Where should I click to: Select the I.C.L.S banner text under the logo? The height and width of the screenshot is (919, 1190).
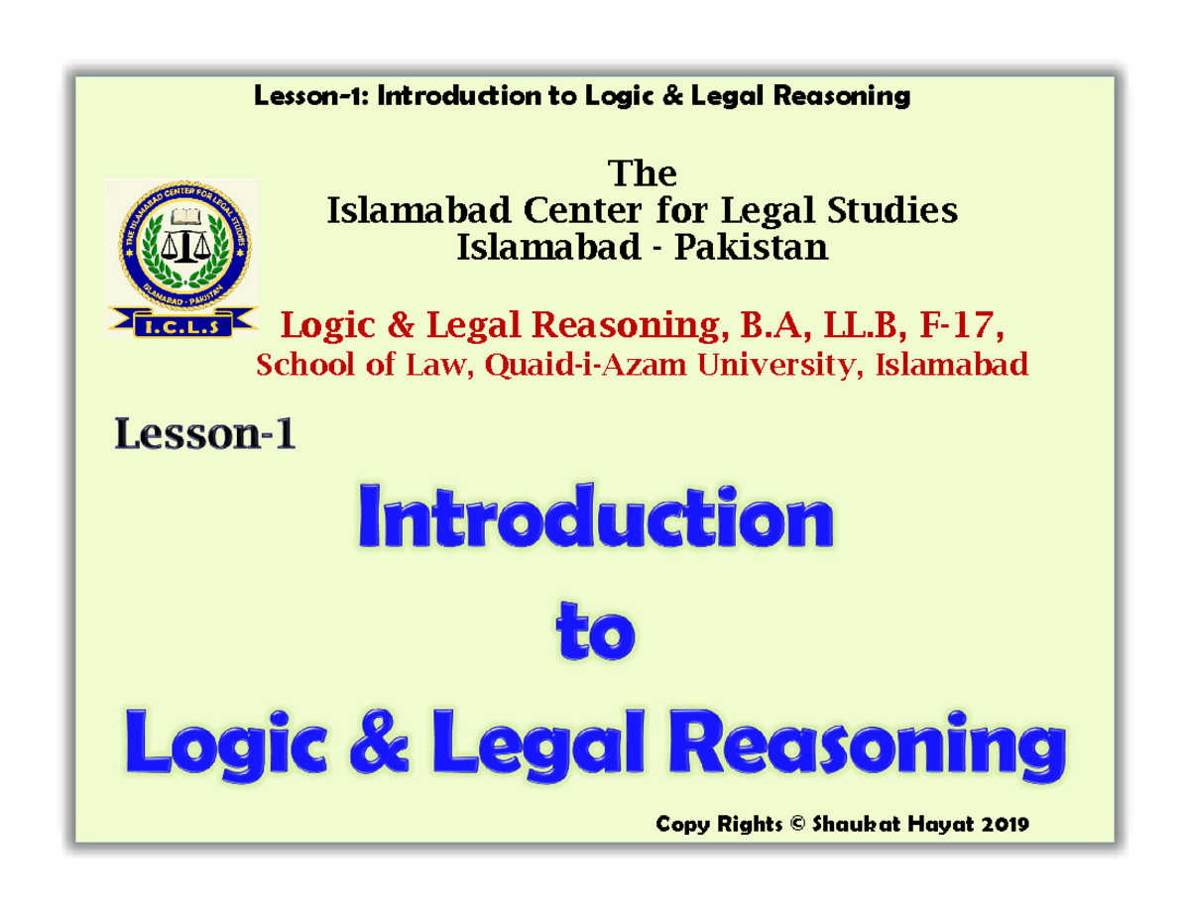pos(183,323)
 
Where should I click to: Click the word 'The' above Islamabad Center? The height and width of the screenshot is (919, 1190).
pos(642,174)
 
